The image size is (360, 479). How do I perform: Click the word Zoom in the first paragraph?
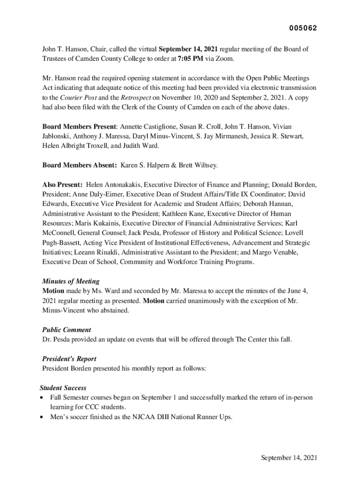(223, 59)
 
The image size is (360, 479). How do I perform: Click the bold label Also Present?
(63, 184)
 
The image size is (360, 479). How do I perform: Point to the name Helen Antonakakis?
(115, 184)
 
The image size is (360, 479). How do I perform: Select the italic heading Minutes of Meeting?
(71, 282)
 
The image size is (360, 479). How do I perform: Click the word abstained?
(111, 311)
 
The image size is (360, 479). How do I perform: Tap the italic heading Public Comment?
(67, 330)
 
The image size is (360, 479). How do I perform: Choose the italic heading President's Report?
(69, 359)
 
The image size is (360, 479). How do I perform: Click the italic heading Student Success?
(63, 388)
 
